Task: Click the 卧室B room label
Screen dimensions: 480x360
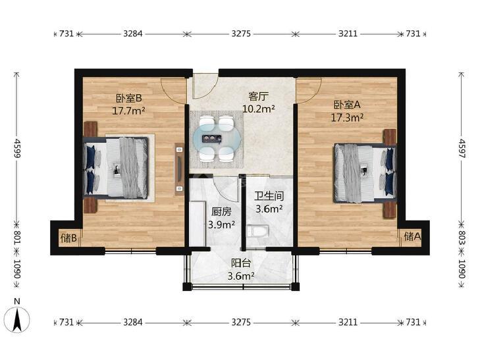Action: [128, 98]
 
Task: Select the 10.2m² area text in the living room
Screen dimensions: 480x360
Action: [258, 109]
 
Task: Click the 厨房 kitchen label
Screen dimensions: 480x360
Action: [221, 212]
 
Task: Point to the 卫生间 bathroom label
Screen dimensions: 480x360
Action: [269, 196]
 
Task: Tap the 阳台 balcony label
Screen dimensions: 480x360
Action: [241, 263]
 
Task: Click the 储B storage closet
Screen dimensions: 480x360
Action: [69, 238]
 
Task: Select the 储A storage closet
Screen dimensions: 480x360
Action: [412, 236]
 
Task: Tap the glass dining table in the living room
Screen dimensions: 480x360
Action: [217, 139]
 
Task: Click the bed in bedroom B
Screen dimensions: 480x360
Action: [116, 167]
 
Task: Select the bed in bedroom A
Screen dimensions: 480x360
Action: [365, 173]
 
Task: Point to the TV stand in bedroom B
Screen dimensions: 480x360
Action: [180, 169]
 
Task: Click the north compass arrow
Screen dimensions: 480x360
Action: [18, 319]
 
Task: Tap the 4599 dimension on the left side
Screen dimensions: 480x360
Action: [17, 148]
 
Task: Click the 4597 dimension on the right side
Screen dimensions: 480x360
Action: [462, 148]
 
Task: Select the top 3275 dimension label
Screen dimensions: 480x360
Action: [241, 34]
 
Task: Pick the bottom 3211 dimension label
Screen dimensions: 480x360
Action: [348, 322]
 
